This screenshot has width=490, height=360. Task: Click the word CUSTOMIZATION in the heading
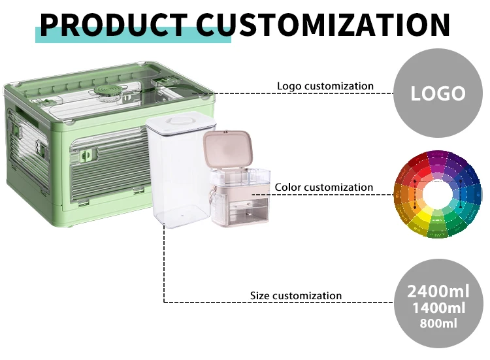333,25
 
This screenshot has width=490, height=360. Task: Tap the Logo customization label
325,86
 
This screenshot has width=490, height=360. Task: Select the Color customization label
324,188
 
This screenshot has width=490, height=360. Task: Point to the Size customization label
296,296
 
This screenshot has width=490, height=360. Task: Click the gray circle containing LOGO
438,93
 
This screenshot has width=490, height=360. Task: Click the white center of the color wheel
438,194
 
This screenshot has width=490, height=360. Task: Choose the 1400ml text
438,308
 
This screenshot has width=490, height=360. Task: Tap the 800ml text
438,323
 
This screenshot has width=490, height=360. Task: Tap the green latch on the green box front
86,157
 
